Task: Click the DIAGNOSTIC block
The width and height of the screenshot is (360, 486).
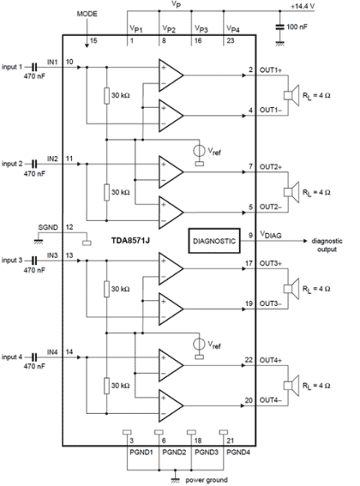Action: tap(214, 241)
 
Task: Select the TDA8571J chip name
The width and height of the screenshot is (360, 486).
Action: tap(131, 241)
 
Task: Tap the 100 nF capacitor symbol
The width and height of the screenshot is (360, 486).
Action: tap(280, 27)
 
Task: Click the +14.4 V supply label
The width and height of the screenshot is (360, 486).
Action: tap(303, 7)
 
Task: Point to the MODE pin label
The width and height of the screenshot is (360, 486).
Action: tap(87, 14)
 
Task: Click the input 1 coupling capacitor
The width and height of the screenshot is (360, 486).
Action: tap(34, 67)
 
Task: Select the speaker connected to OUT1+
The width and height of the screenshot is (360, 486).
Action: tap(291, 96)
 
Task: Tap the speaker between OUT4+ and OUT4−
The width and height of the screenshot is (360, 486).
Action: tap(291, 385)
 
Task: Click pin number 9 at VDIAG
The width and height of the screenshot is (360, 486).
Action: tap(250, 236)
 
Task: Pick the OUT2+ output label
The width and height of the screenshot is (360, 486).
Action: tap(271, 167)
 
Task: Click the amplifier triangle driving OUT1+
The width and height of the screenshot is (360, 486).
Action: tap(171, 75)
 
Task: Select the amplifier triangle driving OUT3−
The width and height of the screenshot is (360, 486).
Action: tap(171, 309)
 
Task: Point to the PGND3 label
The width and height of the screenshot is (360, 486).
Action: tap(206, 452)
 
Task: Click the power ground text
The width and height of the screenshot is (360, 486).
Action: tap(206, 479)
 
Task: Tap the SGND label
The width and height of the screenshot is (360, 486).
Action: tap(48, 227)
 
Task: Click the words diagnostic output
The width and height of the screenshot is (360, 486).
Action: tap(326, 245)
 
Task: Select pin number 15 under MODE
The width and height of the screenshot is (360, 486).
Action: tap(93, 41)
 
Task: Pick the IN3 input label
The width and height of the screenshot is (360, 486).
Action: tap(52, 255)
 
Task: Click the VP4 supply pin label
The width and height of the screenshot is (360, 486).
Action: tap(233, 29)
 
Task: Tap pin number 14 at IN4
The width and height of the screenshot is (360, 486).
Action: tap(70, 352)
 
